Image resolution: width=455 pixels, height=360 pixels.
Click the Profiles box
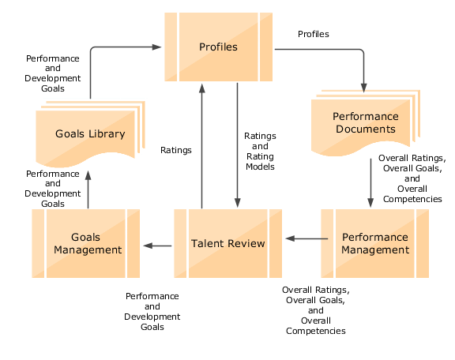point(219,47)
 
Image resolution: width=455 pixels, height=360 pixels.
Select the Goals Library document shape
point(89,134)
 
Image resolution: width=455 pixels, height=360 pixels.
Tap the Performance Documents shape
point(364,122)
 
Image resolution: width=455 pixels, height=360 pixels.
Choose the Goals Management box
point(85,243)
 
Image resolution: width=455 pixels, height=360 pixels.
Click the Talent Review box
point(228,243)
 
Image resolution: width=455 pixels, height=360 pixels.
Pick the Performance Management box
point(374,243)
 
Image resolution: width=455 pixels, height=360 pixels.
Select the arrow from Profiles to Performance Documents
point(332,51)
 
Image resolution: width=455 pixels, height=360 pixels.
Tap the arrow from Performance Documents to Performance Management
point(370,182)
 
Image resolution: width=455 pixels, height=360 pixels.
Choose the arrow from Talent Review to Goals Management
point(158,246)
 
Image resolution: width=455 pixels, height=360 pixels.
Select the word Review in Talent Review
point(246,243)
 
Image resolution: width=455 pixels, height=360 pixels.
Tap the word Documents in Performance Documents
point(364,129)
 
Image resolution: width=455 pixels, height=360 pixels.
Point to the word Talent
point(208,243)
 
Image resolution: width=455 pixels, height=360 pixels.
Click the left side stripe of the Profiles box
point(171,47)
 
